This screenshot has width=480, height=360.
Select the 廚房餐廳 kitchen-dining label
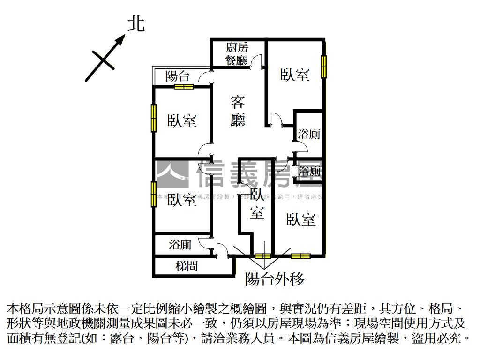[237, 53]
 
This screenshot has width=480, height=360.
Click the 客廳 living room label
[238, 111]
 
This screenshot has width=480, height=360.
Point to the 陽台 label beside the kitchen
[178, 76]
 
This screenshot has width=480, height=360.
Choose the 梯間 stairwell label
[187, 266]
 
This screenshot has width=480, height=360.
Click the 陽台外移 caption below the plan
[275, 279]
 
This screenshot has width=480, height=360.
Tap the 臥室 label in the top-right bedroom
[295, 75]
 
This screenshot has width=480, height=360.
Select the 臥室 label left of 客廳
[182, 120]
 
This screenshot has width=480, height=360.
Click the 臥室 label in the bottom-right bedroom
[301, 219]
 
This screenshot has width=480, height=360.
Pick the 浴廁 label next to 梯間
[180, 244]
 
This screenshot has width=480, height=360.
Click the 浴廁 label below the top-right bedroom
[309, 134]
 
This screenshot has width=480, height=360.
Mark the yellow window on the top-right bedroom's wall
[323, 67]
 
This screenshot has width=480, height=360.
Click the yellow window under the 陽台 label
[184, 86]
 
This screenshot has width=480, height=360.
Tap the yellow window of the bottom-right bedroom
[300, 256]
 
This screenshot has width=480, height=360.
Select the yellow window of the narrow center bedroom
[263, 256]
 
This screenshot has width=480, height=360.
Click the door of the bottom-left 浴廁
[205, 243]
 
